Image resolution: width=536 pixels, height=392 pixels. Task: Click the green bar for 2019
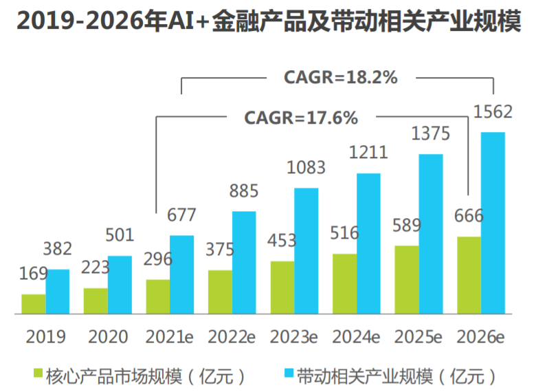click(x=34, y=304)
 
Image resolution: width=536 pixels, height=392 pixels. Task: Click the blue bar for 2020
click(x=120, y=285)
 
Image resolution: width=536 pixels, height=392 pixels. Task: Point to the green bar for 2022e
click(x=220, y=292)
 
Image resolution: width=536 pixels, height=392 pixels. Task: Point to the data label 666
click(x=469, y=215)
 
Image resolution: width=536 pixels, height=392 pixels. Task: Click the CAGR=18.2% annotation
click(x=341, y=77)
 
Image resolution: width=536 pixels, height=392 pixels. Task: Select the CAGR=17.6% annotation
click(x=301, y=118)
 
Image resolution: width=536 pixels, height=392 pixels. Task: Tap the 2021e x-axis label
click(x=170, y=337)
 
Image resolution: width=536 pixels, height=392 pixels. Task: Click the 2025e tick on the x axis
click(x=418, y=337)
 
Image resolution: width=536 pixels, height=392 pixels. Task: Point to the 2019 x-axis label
click(x=45, y=337)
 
